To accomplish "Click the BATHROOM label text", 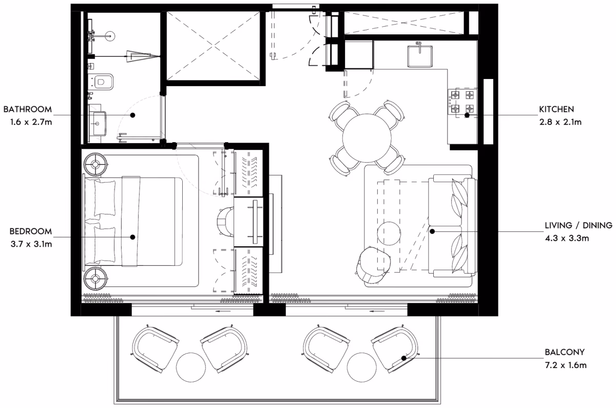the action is [28, 109].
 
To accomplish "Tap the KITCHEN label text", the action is [556, 109].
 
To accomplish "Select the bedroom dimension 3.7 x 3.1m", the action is [31, 244].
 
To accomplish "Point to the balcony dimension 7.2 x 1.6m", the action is [566, 365].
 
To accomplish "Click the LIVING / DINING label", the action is [579, 225].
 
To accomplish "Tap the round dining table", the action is [367, 138].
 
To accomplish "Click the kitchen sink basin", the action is [420, 56].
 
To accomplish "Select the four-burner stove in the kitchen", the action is [463, 102].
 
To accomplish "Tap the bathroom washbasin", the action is [97, 124].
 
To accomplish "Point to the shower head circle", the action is [110, 36].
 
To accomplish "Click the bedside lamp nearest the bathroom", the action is [95, 164].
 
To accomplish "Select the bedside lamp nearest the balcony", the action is [95, 279].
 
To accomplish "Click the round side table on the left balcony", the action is [191, 367].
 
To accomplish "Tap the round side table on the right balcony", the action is [361, 367].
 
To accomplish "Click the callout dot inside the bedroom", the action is [132, 237].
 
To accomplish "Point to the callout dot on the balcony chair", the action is [403, 358].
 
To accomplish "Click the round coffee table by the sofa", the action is [389, 234].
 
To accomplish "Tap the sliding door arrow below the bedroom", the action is [223, 312].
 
